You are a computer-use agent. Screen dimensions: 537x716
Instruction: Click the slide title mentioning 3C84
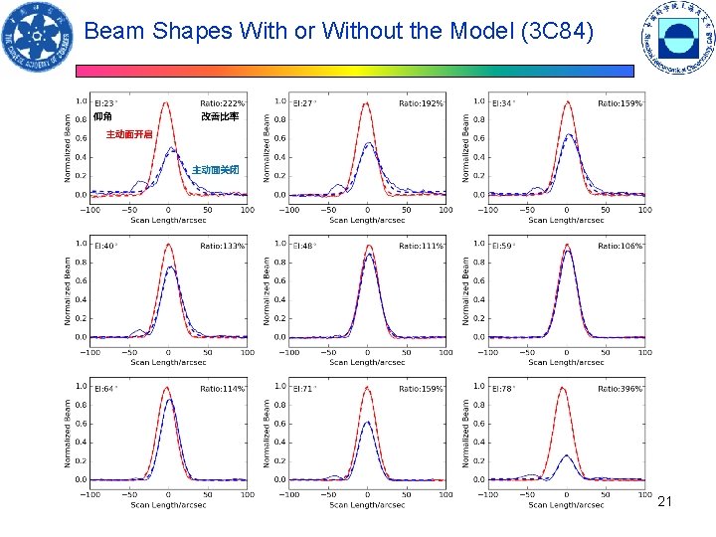339,31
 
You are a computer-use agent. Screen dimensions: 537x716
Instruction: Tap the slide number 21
665,502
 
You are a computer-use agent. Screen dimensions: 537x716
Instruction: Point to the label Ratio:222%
223,103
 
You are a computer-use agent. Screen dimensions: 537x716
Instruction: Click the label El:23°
105,103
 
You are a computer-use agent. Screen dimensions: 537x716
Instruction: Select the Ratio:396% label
621,389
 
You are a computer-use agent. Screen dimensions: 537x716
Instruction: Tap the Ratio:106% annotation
621,246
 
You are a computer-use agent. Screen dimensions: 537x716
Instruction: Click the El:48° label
304,246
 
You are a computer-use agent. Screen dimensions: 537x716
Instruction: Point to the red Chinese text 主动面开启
130,134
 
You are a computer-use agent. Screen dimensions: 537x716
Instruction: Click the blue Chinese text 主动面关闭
215,170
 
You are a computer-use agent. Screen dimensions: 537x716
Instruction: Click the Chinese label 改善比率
220,117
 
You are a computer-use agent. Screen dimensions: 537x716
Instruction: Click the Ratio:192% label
422,103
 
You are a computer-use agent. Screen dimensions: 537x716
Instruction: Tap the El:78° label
503,389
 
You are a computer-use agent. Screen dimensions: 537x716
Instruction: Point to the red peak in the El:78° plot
565,389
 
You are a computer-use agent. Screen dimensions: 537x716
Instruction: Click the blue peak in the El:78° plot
567,455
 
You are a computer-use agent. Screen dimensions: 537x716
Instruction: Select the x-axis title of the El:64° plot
168,505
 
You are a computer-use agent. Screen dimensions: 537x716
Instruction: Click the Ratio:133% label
223,246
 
